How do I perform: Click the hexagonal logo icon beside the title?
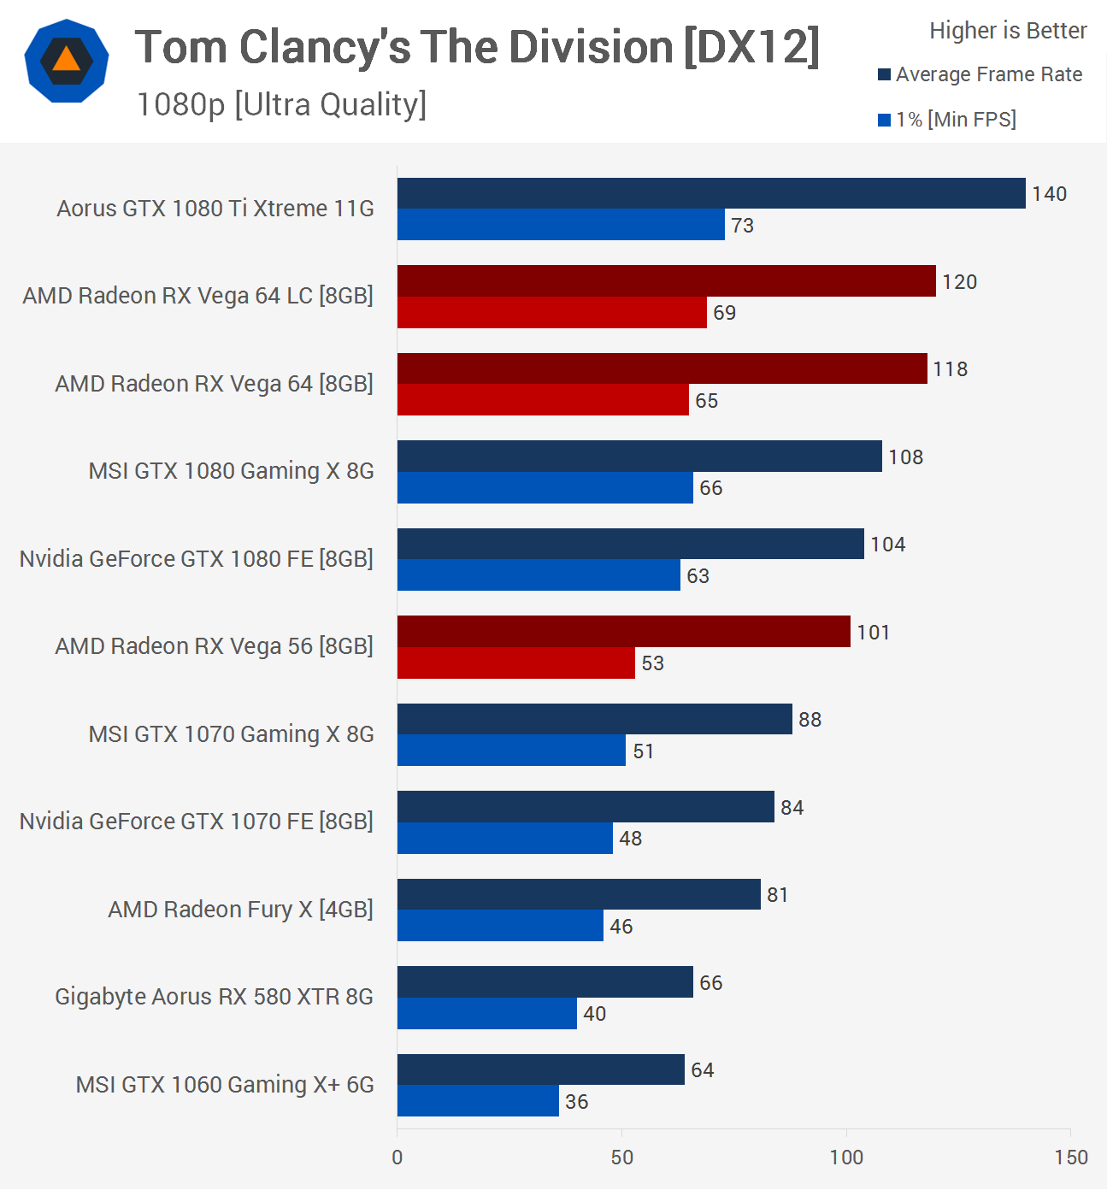coord(67,61)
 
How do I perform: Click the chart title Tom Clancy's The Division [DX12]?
coord(477,47)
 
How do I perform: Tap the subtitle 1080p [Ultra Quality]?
coord(281,104)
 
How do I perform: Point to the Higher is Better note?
coord(1008,31)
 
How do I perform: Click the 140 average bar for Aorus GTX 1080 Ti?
coord(711,193)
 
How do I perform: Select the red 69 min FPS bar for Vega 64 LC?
coord(552,313)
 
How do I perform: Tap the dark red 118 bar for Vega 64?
coord(662,368)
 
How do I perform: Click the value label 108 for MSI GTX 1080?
coord(906,457)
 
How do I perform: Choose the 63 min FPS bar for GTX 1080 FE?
coord(539,575)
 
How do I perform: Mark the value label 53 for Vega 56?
coord(653,663)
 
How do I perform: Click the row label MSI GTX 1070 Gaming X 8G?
coord(231,734)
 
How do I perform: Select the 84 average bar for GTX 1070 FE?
coord(586,807)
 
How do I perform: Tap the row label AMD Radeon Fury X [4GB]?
coord(240,910)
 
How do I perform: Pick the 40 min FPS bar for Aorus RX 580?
coord(487,1014)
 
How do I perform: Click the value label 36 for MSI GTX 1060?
coord(577,1102)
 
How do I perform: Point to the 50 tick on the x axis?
coord(622,1158)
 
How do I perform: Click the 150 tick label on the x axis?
coord(1071,1158)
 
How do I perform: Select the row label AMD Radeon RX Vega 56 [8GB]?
coord(214,646)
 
